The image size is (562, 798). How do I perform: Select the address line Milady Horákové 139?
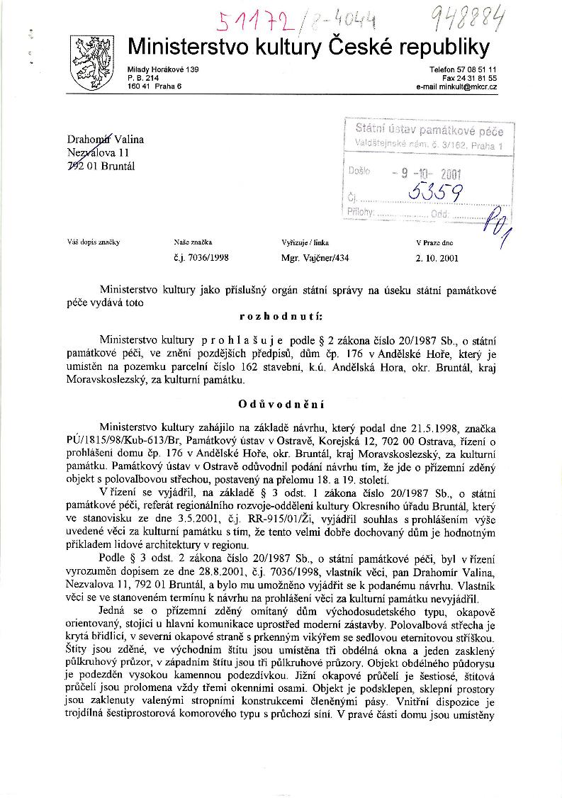(163, 69)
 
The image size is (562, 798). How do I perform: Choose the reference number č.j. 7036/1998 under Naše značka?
(201, 259)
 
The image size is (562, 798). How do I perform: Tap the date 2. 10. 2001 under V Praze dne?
(437, 259)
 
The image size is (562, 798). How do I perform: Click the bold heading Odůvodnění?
(281, 405)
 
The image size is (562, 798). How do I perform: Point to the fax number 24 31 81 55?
(477, 78)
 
